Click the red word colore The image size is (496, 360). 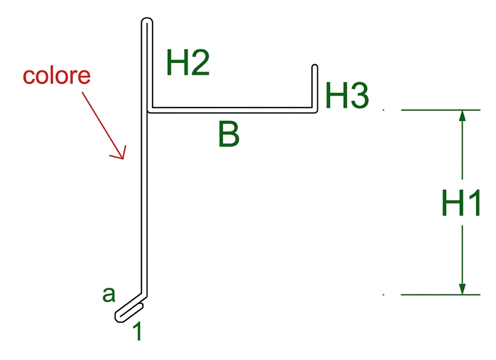point(57,76)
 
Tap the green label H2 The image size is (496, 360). point(187,63)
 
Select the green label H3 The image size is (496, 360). point(347,95)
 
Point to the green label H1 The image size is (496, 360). point(461,203)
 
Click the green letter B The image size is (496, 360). point(229,134)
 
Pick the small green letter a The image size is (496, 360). point(109,295)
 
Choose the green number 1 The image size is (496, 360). point(137,331)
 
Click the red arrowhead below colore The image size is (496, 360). point(120,154)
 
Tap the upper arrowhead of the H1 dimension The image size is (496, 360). point(462,115)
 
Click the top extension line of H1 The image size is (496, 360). point(441,110)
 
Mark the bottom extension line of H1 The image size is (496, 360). point(441,295)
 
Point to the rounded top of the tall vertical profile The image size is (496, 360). point(147,19)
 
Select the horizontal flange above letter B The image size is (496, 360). point(232,110)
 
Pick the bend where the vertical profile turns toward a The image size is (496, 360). point(144,295)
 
